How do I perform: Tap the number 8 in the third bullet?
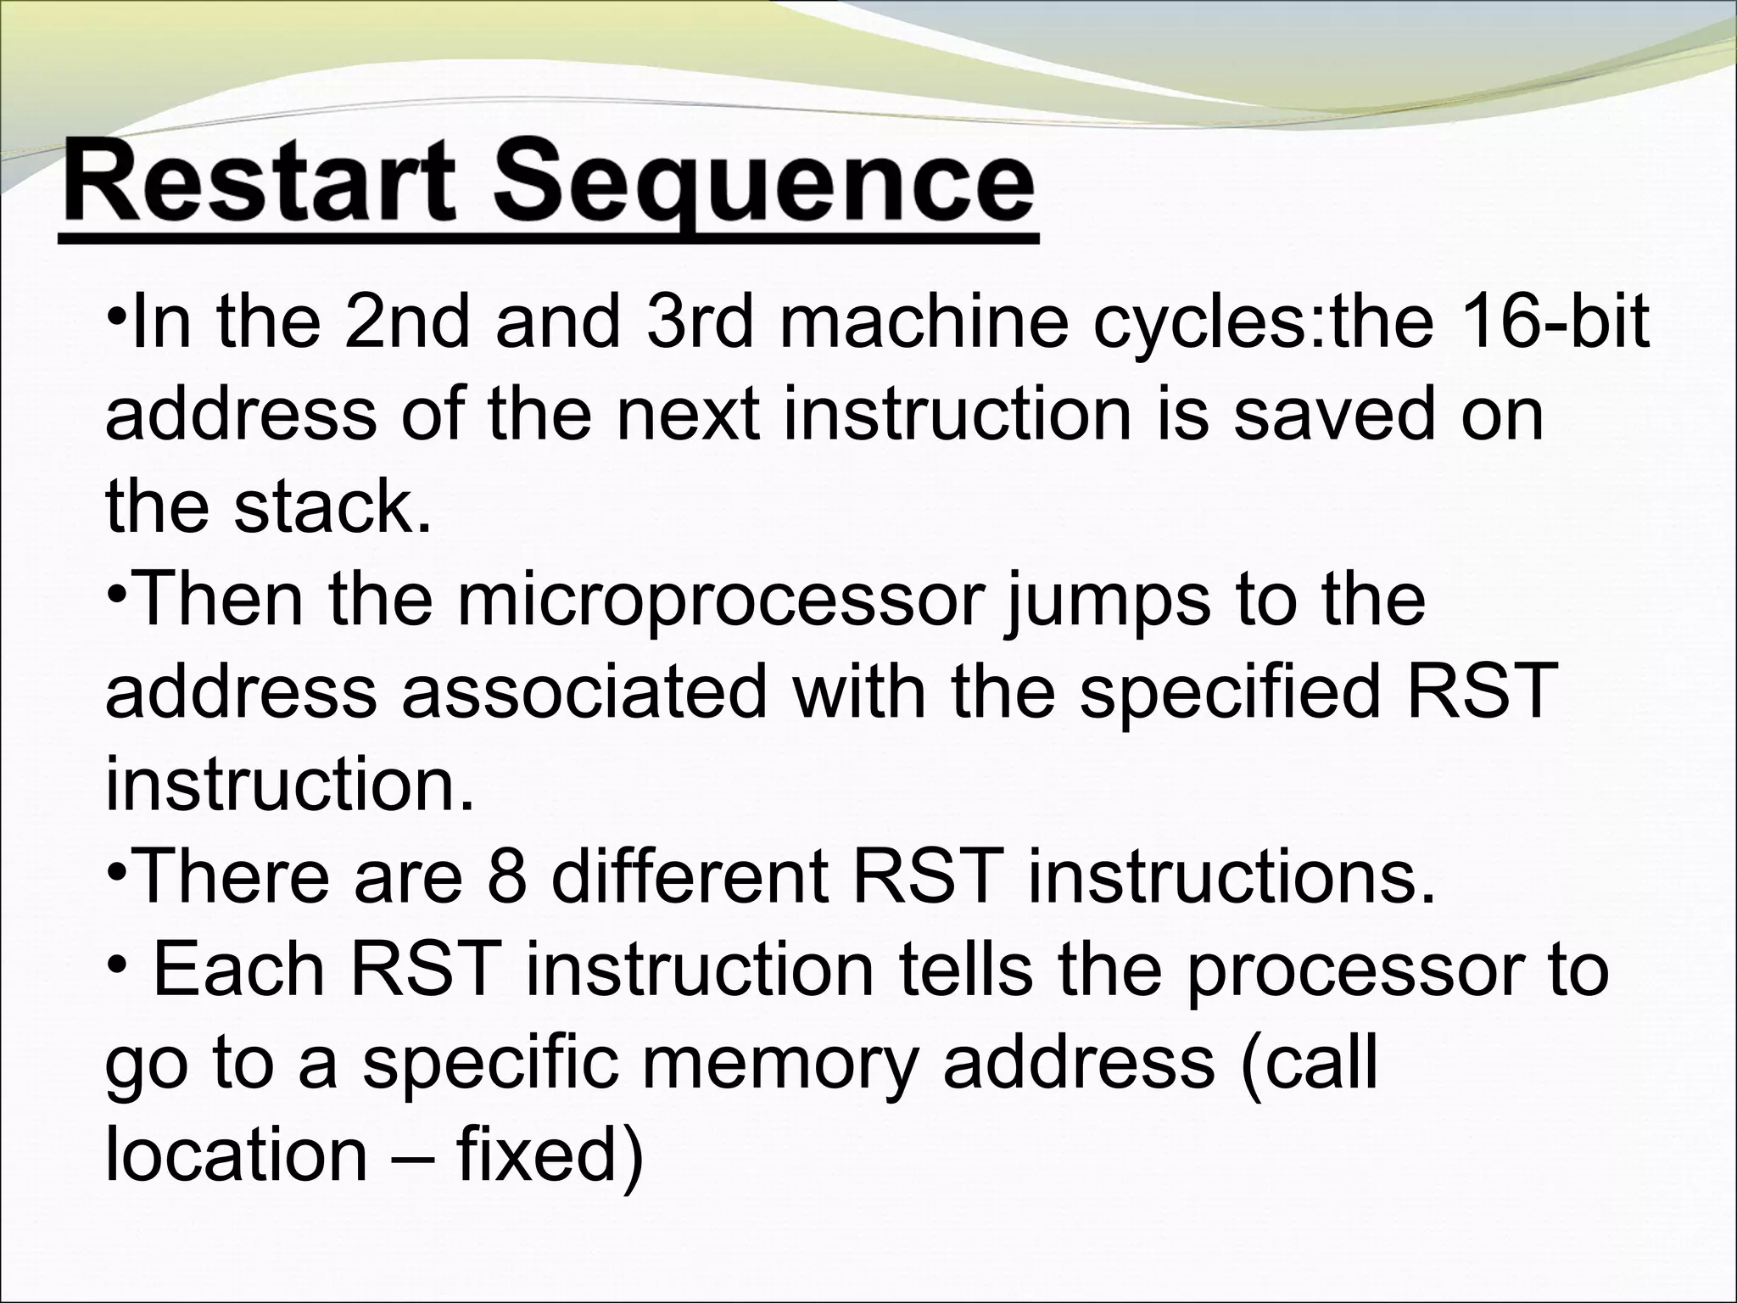506,877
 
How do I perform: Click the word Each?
240,970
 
